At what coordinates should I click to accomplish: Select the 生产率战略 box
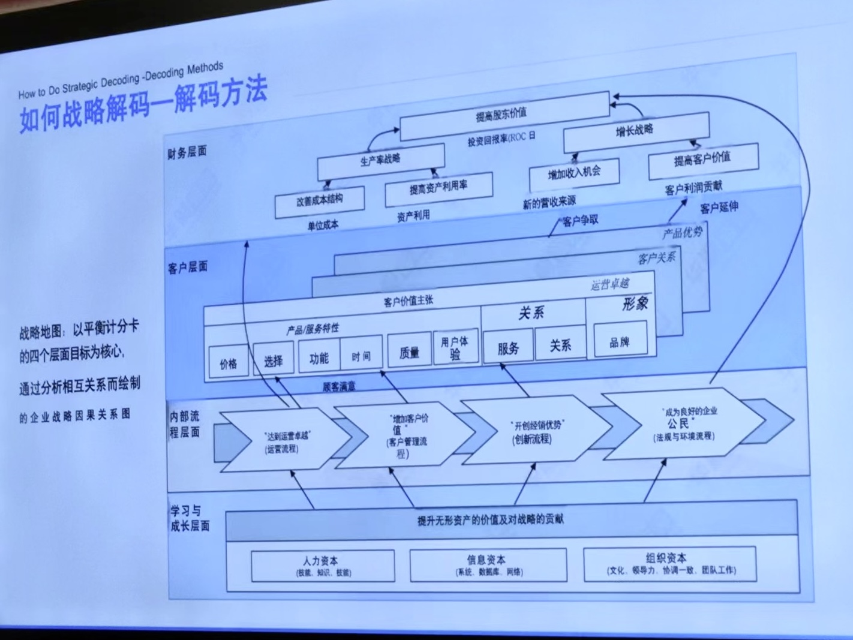380,160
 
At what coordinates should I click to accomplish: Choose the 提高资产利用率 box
438,188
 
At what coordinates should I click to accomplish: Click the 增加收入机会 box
574,174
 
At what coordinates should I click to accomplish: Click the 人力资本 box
322,566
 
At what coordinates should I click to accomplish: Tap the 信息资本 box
487,564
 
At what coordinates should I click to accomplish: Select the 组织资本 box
670,563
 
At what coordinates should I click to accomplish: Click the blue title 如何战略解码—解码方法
144,105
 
